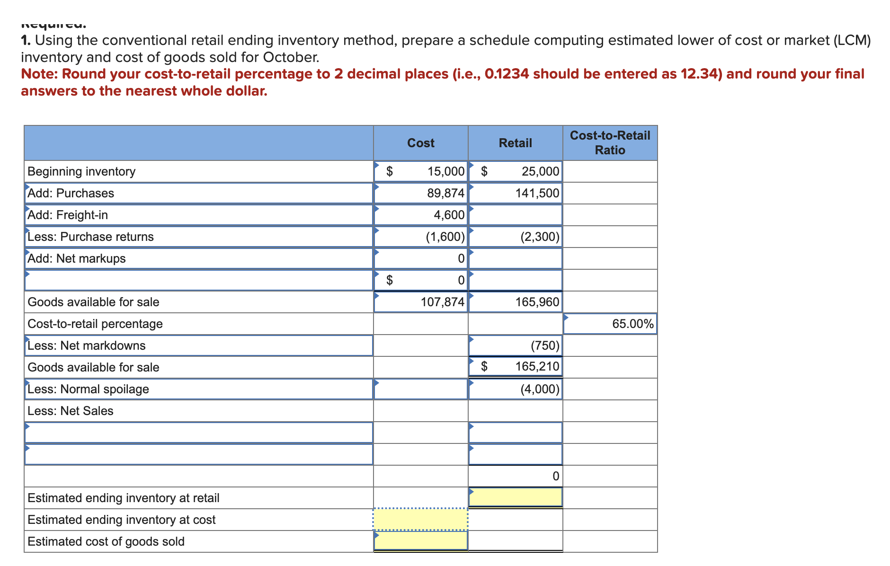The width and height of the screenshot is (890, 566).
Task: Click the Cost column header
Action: pyautogui.click(x=420, y=143)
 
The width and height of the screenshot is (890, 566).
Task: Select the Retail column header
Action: pyautogui.click(x=515, y=143)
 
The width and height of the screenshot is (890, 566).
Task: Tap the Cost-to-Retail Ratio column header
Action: pyautogui.click(x=610, y=143)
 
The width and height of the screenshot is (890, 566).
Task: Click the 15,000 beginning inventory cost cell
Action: pyautogui.click(x=445, y=171)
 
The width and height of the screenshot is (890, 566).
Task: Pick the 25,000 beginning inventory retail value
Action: pyautogui.click(x=540, y=171)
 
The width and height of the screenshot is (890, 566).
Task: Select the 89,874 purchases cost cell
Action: pyautogui.click(x=445, y=193)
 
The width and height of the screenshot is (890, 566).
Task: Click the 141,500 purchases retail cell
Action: pyautogui.click(x=537, y=193)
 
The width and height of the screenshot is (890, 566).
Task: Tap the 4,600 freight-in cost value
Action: pyautogui.click(x=449, y=215)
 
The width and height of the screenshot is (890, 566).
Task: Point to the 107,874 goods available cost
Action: pyautogui.click(x=442, y=302)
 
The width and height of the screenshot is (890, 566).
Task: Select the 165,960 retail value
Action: pyautogui.click(x=537, y=302)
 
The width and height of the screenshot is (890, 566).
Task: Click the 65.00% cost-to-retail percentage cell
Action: pyautogui.click(x=632, y=324)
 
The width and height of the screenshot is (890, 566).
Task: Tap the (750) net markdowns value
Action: pyautogui.click(x=544, y=345)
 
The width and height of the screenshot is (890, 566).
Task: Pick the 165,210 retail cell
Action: pyautogui.click(x=537, y=366)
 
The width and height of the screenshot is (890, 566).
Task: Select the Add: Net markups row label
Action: pyautogui.click(x=77, y=258)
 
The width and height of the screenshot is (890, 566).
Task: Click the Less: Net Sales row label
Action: pyautogui.click(x=71, y=411)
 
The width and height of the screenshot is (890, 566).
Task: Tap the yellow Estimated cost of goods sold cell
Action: pyautogui.click(x=420, y=541)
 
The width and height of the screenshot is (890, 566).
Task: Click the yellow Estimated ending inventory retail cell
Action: pyautogui.click(x=515, y=497)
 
